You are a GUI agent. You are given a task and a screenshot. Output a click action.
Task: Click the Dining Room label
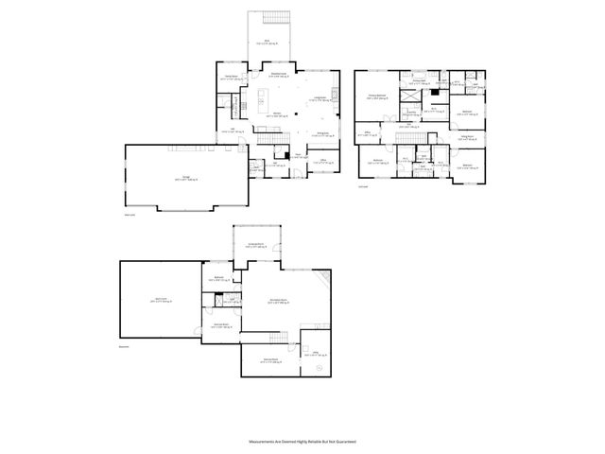point(322,133)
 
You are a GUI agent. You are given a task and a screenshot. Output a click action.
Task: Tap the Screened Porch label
point(254,246)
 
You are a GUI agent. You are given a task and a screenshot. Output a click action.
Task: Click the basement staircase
point(279,338)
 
